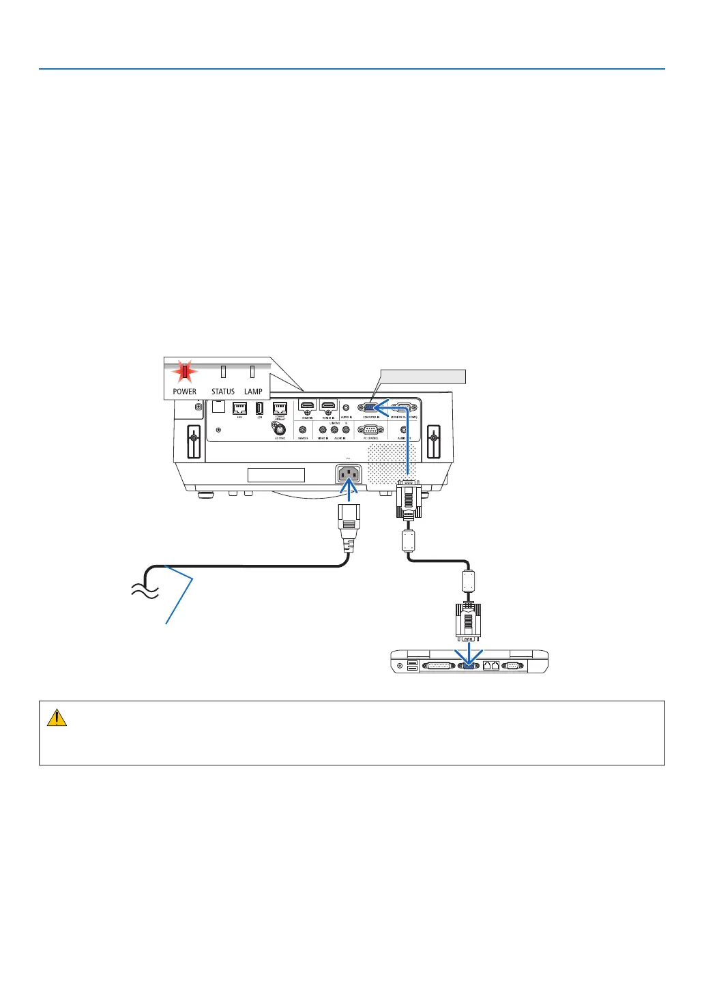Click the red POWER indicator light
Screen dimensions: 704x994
pos(184,372)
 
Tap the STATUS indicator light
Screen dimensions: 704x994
pos(223,372)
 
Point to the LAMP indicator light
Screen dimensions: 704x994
pos(252,372)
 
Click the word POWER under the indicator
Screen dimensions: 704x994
pos(184,392)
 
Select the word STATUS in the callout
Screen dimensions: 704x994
pos(223,392)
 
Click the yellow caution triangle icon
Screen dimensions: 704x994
pos(57,717)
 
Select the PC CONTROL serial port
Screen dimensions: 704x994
pos(370,430)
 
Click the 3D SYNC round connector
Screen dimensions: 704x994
pos(280,430)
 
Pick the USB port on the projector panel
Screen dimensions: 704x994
pos(259,408)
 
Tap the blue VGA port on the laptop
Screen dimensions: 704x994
pos(468,665)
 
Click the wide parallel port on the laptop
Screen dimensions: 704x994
pos(437,665)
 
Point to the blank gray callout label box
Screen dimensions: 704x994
pos(423,376)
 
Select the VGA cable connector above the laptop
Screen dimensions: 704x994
pos(468,621)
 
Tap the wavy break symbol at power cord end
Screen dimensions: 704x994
pos(145,591)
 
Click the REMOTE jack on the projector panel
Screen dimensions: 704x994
pos(303,430)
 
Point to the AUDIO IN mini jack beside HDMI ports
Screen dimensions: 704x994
pos(347,407)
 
